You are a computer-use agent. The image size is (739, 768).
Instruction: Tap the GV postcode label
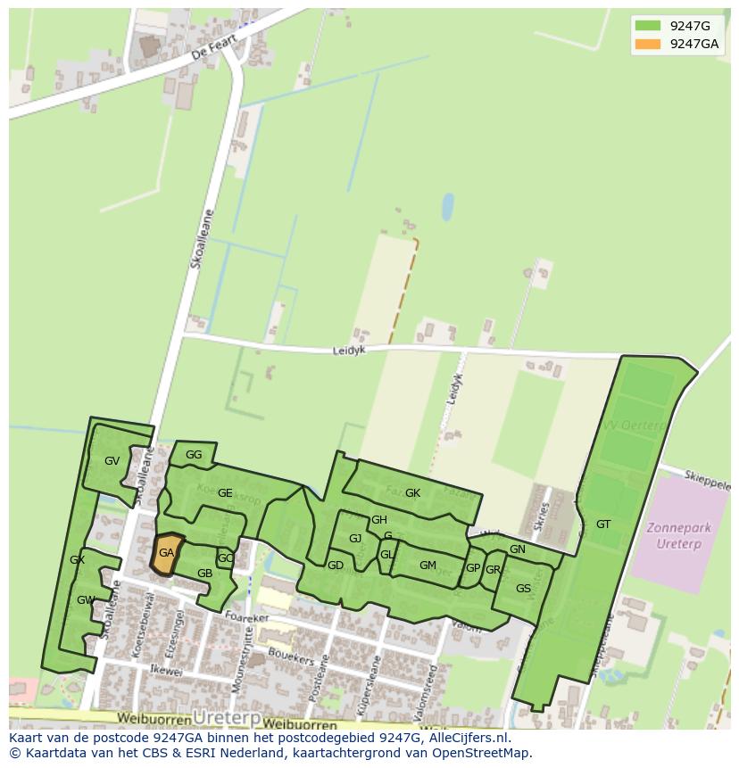point(112,461)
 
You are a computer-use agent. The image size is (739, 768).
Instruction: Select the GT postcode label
point(603,524)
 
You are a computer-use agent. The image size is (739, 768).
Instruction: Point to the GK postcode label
point(412,493)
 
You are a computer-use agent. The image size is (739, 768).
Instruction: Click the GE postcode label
point(225,493)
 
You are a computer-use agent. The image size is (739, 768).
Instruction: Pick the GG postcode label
point(194,455)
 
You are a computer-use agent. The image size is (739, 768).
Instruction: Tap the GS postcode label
point(523,589)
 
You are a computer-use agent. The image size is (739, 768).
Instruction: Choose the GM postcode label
point(428,566)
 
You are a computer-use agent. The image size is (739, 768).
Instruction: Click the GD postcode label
point(336,566)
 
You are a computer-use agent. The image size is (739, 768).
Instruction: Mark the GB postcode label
point(204,574)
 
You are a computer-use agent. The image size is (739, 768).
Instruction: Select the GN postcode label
point(518,549)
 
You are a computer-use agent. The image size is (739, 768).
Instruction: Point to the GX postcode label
point(77,560)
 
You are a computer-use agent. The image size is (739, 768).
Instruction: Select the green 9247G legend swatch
point(648,26)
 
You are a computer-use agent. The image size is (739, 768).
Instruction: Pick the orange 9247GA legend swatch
point(648,44)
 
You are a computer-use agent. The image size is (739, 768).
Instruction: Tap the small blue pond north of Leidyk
point(447,207)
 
